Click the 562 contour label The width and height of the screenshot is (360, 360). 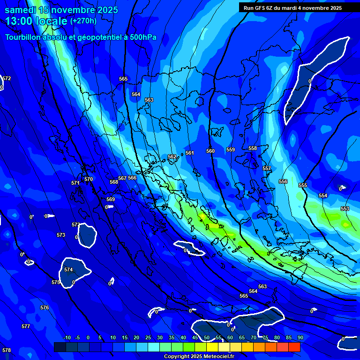pos(172,157)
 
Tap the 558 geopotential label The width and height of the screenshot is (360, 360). pos(253,149)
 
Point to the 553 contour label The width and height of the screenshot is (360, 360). pos(345,209)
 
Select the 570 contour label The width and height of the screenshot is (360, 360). pos(89,179)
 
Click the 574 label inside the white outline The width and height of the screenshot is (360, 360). pos(68,270)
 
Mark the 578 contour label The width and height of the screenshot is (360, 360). pos(7,350)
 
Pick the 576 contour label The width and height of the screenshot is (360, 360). pos(45,307)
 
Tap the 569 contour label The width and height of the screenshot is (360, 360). pos(111,199)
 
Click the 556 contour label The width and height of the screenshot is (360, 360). pos(283,181)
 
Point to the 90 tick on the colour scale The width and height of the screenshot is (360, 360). pos(300,337)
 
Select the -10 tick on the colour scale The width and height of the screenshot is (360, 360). pos(67,337)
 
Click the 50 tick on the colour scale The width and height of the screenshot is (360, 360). pos(206,337)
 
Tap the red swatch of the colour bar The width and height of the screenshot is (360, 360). pos(294,347)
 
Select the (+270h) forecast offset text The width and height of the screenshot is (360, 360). pos(83,21)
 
